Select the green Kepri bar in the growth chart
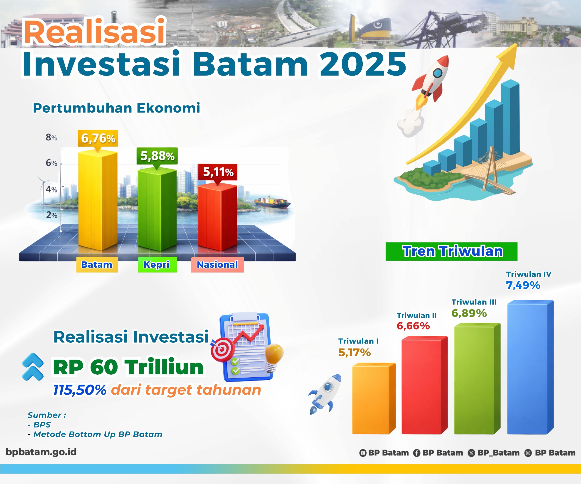click(157, 210)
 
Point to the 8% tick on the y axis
click(52, 137)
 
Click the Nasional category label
click(217, 265)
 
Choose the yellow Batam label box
click(97, 265)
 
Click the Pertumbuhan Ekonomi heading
click(116, 108)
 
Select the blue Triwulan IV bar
click(530, 368)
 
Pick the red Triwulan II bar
click(424, 386)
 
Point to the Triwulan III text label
click(474, 302)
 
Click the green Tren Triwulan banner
click(451, 251)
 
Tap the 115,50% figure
click(80, 390)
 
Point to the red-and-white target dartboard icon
click(221, 350)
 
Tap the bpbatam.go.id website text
click(41, 452)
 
